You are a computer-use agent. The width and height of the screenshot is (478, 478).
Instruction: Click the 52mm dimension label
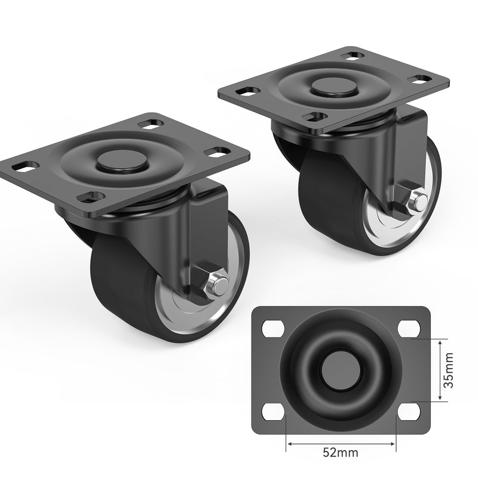point(341,452)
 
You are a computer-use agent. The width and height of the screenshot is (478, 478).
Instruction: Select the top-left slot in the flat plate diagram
point(272,327)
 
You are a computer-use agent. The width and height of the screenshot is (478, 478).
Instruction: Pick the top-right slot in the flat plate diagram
point(409,327)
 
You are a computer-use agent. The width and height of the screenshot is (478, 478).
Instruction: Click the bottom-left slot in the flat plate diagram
point(272,411)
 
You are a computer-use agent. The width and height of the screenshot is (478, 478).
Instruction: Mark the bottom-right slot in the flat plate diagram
point(409,411)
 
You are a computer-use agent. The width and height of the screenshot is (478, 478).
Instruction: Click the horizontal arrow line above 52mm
point(341,443)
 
